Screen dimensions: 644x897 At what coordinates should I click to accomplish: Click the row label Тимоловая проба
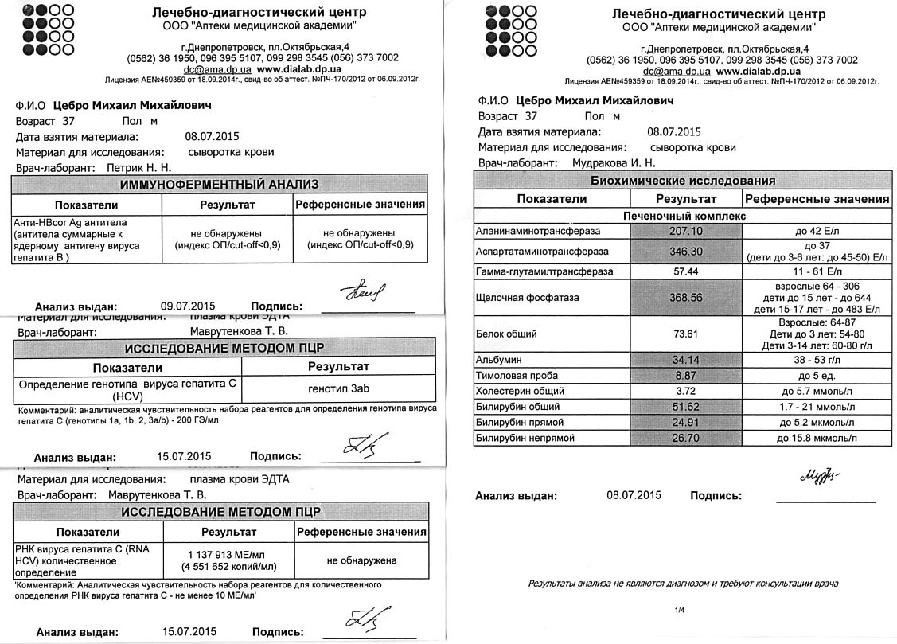point(517,376)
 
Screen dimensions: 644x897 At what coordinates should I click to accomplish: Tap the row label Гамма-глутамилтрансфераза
point(544,271)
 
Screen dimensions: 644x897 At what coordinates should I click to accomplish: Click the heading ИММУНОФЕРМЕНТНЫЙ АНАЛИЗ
point(219,185)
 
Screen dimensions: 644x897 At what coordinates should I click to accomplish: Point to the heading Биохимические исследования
point(682,181)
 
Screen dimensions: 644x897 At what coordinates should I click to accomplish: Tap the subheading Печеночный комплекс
point(682,215)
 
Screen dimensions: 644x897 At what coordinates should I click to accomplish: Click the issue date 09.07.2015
point(188,306)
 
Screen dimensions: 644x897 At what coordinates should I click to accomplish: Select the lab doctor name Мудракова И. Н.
point(614,163)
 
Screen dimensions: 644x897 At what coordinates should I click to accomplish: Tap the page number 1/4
point(680,611)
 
